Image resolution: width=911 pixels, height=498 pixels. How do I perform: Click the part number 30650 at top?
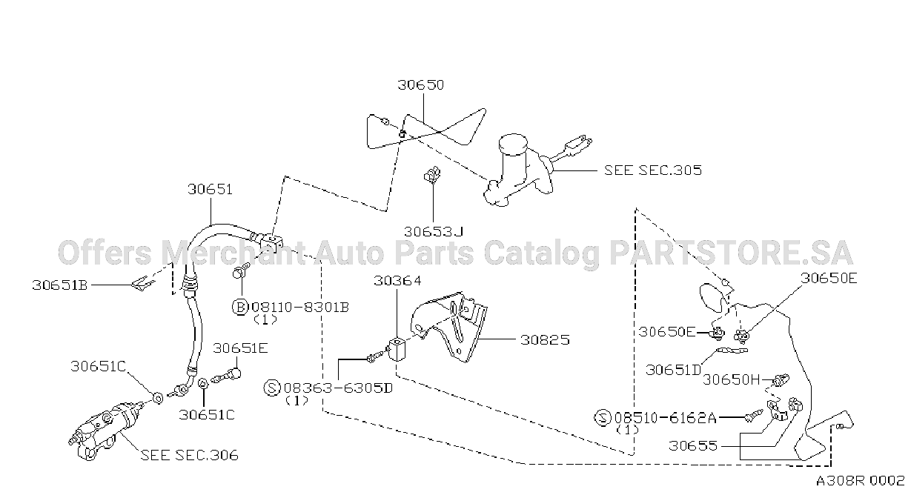(420, 84)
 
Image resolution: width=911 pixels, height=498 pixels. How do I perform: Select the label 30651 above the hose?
(210, 189)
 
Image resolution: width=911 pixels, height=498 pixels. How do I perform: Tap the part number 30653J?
(434, 231)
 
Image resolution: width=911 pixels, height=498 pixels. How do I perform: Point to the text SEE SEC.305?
(653, 170)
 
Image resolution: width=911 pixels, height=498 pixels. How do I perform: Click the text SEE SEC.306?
(190, 455)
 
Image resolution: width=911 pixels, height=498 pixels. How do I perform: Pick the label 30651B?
(60, 285)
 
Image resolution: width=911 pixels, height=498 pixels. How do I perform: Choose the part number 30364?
(397, 281)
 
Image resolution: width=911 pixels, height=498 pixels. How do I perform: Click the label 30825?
(545, 339)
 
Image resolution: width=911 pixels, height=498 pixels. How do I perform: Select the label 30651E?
(240, 348)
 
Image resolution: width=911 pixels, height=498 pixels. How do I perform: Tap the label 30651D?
(674, 370)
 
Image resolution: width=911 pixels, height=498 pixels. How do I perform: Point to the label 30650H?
(731, 379)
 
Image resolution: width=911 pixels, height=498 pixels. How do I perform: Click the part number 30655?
(693, 445)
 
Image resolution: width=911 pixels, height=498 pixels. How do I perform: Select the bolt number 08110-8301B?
(300, 307)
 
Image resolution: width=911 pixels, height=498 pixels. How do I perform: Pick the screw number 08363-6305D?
(338, 388)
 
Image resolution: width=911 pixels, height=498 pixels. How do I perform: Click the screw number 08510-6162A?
(665, 417)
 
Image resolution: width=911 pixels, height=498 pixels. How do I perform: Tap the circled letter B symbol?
(240, 307)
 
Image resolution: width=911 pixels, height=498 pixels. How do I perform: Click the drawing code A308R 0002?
(861, 481)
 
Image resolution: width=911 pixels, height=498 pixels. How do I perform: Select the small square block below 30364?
(396, 349)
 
